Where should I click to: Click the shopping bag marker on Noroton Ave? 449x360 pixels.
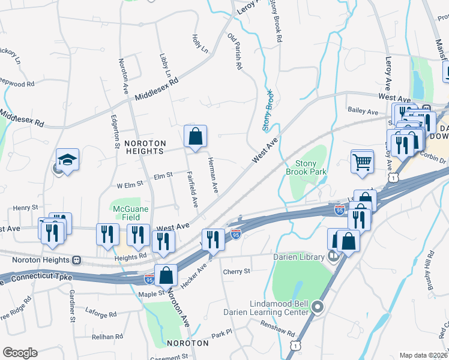point(166,275)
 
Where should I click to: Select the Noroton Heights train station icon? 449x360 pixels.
point(76,260)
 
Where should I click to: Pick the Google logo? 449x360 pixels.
point(20,353)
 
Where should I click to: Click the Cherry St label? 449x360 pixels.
point(236,272)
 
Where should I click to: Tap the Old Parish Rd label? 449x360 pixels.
point(234,52)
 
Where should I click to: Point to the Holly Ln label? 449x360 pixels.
point(199,43)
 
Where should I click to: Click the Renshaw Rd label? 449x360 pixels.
point(277,329)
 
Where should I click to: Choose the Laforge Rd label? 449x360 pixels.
point(101,314)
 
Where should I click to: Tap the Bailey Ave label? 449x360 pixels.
point(363,112)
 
